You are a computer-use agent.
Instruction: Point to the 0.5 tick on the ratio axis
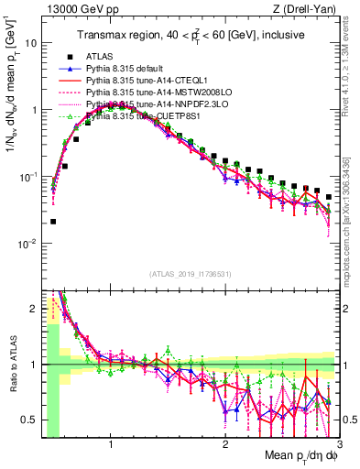point(29,420)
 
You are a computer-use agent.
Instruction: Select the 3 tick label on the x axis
point(339,446)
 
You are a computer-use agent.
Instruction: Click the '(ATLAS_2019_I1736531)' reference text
point(191,274)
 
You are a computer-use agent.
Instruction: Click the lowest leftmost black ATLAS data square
point(53,221)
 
